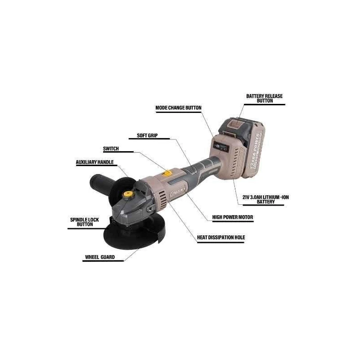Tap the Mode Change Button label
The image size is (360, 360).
point(178,108)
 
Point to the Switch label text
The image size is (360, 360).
point(111,148)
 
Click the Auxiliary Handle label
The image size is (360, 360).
point(94,162)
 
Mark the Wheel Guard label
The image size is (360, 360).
point(99,258)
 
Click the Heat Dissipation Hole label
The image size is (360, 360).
point(221,237)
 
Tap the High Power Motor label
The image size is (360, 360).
point(233,217)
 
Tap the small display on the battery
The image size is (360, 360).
point(222,147)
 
